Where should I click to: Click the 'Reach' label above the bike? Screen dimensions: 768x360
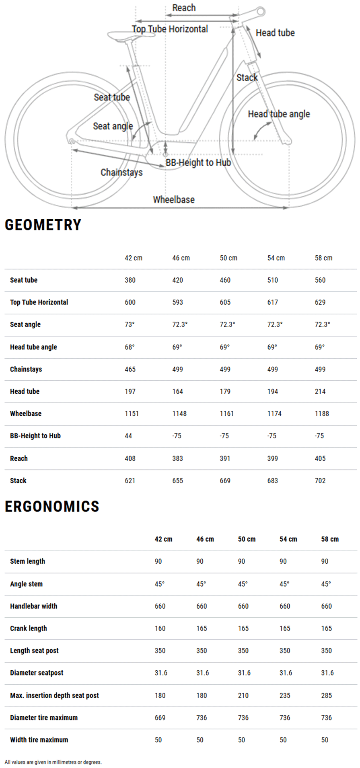[x=184, y=8]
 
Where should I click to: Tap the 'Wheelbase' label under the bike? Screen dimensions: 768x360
[x=173, y=199]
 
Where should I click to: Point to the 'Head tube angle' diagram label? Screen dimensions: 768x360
[x=279, y=114]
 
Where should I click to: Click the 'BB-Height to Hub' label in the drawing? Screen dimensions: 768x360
[x=198, y=162]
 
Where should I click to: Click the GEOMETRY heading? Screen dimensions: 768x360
[x=43, y=225]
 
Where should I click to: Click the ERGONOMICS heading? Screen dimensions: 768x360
[x=52, y=506]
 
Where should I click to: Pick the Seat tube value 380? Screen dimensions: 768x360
[x=130, y=280]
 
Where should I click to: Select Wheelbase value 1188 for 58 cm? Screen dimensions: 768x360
[x=322, y=413]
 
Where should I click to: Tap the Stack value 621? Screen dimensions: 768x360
[x=130, y=481]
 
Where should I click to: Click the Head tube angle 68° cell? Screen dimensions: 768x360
[x=130, y=347]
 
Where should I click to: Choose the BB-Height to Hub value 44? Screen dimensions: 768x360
[x=128, y=435]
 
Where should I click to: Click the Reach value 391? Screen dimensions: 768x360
[x=225, y=458]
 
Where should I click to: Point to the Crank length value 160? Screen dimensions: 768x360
[x=160, y=628]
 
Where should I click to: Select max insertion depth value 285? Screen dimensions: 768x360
[x=326, y=695]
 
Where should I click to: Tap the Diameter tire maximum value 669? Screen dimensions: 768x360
[x=160, y=717]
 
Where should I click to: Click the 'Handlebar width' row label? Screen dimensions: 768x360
[x=33, y=606]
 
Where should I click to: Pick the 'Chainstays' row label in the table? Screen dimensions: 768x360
[x=26, y=369]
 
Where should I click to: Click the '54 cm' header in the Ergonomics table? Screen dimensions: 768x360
[x=288, y=539]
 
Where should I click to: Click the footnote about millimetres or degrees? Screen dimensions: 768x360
[x=53, y=762]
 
